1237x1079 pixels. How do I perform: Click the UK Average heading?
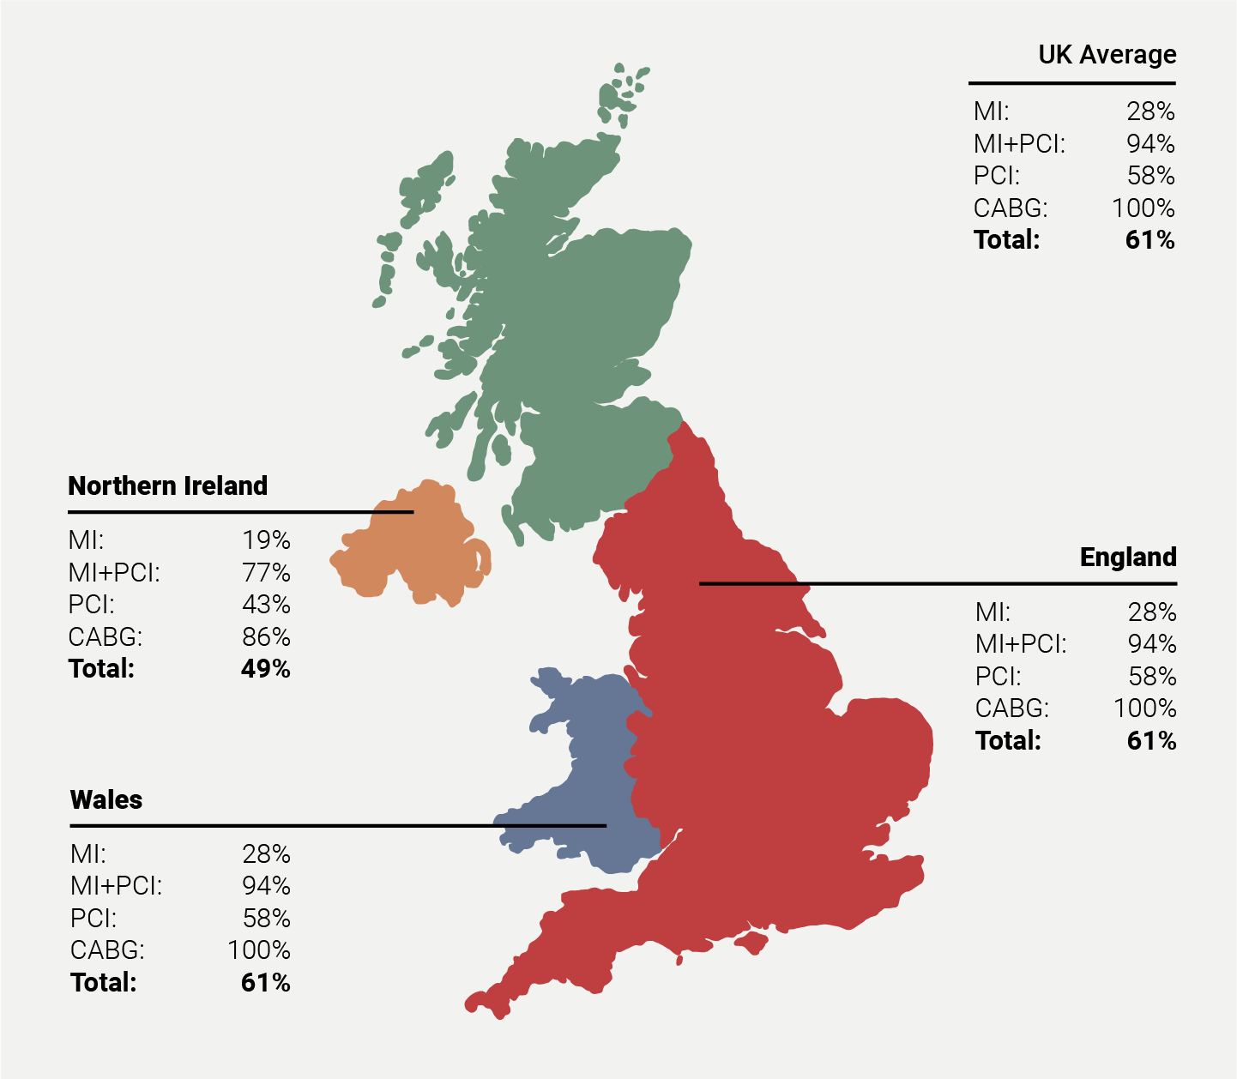pyautogui.click(x=1107, y=55)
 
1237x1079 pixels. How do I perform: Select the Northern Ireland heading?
pyautogui.click(x=168, y=486)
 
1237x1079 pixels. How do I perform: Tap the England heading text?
pyautogui.click(x=1128, y=558)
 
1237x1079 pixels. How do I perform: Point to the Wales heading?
pyautogui.click(x=106, y=800)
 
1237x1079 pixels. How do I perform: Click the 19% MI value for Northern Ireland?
pyautogui.click(x=266, y=540)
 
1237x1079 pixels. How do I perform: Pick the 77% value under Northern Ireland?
pyautogui.click(x=266, y=572)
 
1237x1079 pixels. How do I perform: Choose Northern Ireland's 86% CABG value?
pyautogui.click(x=266, y=637)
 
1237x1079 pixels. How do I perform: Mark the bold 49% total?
pyautogui.click(x=266, y=669)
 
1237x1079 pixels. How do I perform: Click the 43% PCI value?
pyautogui.click(x=266, y=605)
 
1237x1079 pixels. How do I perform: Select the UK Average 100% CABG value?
pyautogui.click(x=1143, y=208)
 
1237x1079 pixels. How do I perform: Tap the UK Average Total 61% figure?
pyautogui.click(x=1150, y=240)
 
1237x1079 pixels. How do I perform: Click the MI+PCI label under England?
pyautogui.click(x=1021, y=644)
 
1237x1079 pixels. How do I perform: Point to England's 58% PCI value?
pyautogui.click(x=1152, y=677)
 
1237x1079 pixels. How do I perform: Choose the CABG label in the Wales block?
pyautogui.click(x=107, y=950)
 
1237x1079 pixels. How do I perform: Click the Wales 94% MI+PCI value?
pyautogui.click(x=266, y=886)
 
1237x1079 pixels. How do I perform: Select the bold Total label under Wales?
pyautogui.click(x=103, y=983)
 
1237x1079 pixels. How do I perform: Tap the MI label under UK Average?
pyautogui.click(x=991, y=112)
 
